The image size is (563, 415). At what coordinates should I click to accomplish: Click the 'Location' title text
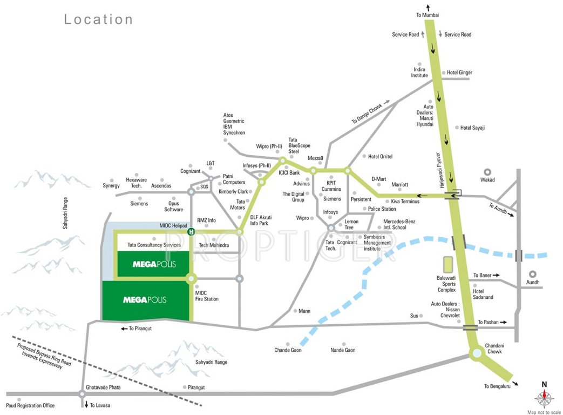pyautogui.click(x=98, y=19)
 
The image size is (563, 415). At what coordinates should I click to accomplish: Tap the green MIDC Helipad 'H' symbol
pyautogui.click(x=191, y=232)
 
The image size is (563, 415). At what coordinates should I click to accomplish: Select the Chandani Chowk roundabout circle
pyautogui.click(x=477, y=353)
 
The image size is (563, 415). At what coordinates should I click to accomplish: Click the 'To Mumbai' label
pyautogui.click(x=428, y=15)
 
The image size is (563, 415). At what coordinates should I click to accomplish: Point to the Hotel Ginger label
pyautogui.click(x=459, y=72)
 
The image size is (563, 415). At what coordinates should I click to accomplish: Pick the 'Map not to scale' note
pyautogui.click(x=544, y=412)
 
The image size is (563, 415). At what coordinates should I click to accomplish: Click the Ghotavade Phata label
pyautogui.click(x=103, y=387)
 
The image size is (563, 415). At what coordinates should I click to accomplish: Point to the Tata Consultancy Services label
pyautogui.click(x=154, y=245)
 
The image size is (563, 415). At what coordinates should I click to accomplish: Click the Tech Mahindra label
pyautogui.click(x=214, y=245)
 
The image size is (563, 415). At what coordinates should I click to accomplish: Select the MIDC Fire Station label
pyautogui.click(x=207, y=296)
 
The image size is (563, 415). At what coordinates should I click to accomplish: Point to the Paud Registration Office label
pyautogui.click(x=30, y=405)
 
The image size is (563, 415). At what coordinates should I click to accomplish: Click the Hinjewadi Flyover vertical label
pyautogui.click(x=440, y=170)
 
